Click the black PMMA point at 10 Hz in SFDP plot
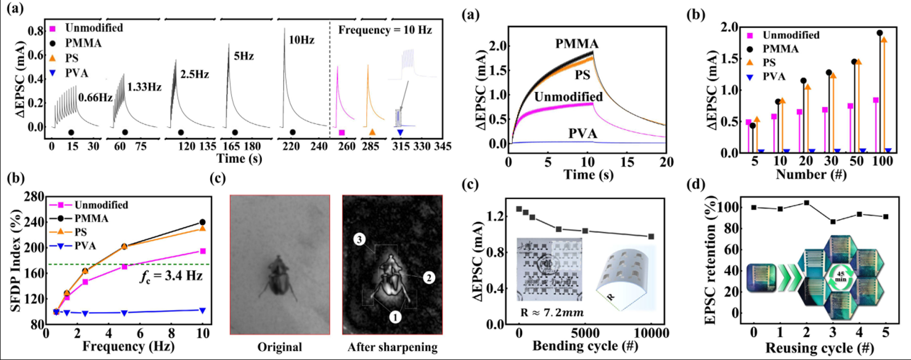coord(203,222)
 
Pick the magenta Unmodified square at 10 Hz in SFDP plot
coord(203,251)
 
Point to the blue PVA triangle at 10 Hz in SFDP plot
coord(203,310)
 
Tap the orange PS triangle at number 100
coord(884,40)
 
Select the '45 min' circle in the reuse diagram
coord(843,271)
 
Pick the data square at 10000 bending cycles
coord(651,236)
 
